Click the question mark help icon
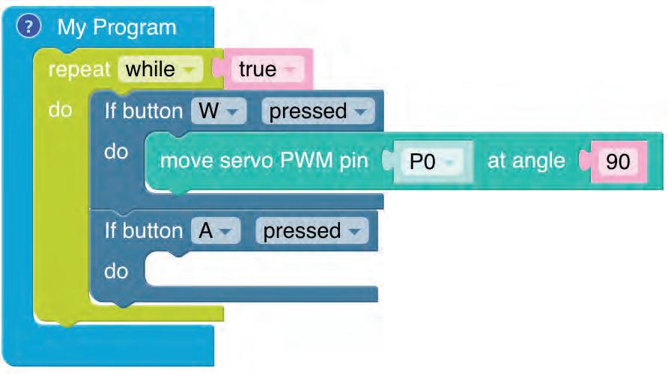(x=28, y=28)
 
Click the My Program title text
(x=117, y=28)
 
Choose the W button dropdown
(x=218, y=111)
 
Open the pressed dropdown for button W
(x=317, y=111)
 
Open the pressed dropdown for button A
(x=311, y=231)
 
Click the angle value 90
(x=618, y=161)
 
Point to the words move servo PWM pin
(x=264, y=161)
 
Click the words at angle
(x=526, y=161)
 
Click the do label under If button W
(x=116, y=152)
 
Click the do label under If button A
(x=116, y=271)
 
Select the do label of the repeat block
(x=60, y=110)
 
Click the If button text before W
(x=143, y=111)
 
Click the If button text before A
(x=143, y=231)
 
